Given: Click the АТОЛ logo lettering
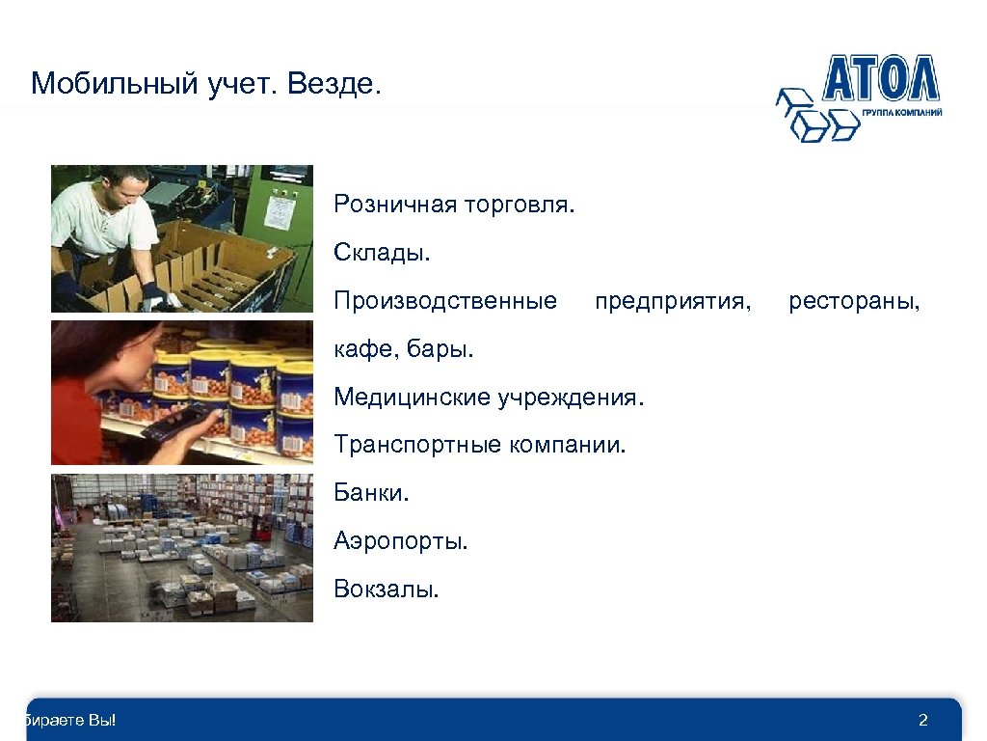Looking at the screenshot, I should point(880,79).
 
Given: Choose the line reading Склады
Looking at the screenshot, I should point(382,253).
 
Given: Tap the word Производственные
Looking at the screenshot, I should point(445,301).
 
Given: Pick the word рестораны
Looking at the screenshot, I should point(854,301).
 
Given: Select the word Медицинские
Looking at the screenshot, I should point(412,397).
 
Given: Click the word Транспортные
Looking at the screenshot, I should point(414,445).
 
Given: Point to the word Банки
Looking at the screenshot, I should point(372,493).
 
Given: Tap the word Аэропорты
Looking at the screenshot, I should point(400,540).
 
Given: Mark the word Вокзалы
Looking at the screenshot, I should point(386,589).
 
